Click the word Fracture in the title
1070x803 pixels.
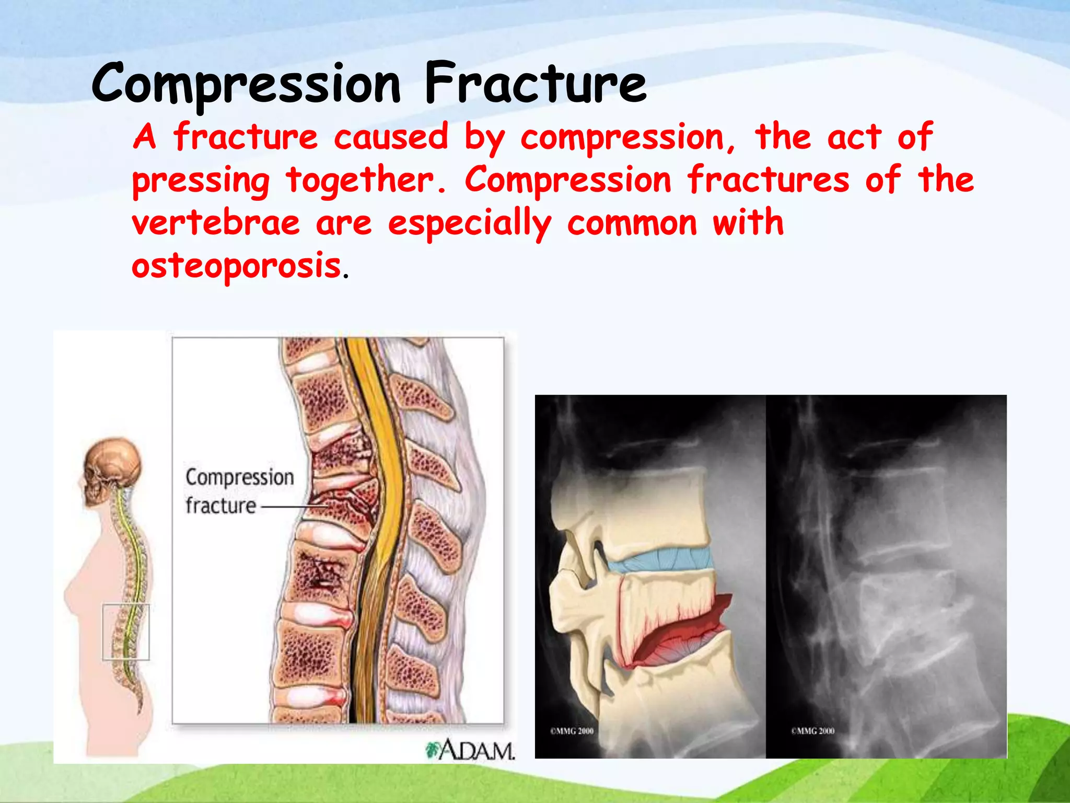pos(536,84)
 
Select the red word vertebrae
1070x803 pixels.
pos(215,223)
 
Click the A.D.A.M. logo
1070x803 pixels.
pos(470,751)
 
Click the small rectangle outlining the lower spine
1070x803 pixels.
pos(126,632)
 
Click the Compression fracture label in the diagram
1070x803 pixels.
pos(239,491)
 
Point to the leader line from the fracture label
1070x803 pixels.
pos(293,507)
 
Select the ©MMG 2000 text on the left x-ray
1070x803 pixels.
pos(572,731)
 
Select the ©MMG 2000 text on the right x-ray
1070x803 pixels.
pos(812,731)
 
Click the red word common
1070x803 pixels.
pos(632,223)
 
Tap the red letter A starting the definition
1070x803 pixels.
pos(144,137)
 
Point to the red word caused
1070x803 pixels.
pos(391,137)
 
